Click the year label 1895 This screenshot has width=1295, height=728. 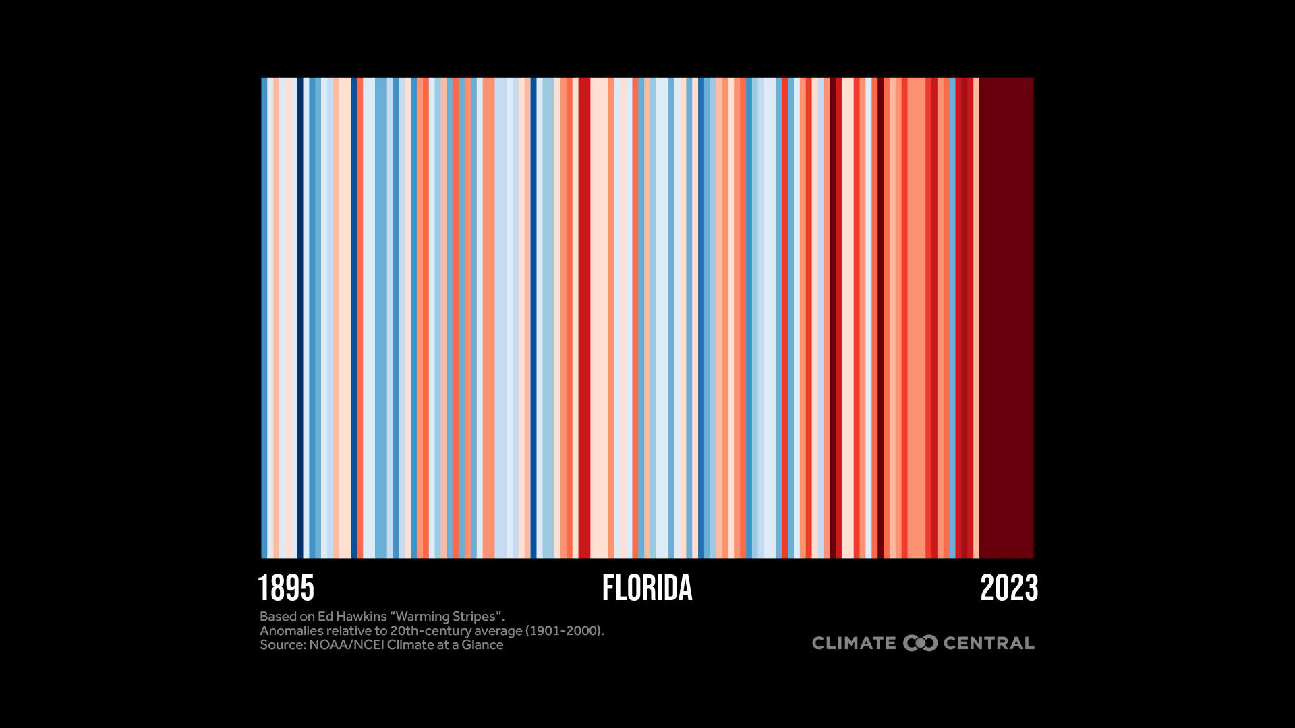tap(286, 588)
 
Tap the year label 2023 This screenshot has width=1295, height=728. tap(1008, 588)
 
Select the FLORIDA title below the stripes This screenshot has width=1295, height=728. tap(647, 588)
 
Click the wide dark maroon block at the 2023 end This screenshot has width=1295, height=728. tap(1006, 317)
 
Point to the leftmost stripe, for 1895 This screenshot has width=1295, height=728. tap(264, 317)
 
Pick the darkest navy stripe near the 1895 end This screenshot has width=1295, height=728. tap(300, 317)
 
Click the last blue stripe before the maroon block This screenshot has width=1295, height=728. tap(952, 317)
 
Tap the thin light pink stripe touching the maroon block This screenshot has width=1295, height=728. tap(976, 317)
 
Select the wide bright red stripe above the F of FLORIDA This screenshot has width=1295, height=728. tap(584, 317)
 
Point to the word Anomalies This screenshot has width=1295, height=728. tap(291, 631)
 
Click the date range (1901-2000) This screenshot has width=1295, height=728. tap(564, 631)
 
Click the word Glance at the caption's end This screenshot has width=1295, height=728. tap(482, 645)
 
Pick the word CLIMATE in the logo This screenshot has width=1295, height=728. tap(854, 644)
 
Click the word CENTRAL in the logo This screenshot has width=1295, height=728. tap(989, 644)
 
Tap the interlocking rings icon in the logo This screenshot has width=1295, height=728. tap(920, 644)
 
